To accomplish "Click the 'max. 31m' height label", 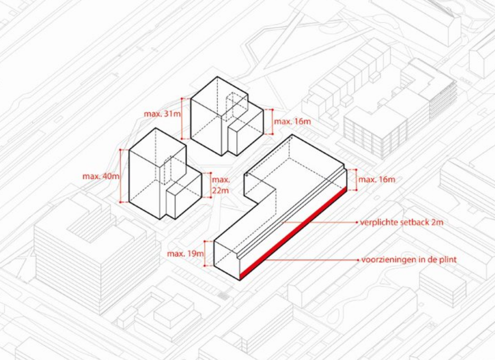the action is pos(162,114).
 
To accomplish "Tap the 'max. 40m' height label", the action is pos(101,176).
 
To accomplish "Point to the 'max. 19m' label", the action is pos(185,253).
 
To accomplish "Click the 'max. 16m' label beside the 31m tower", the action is pos(292,121).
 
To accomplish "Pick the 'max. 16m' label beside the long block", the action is pos(377,180).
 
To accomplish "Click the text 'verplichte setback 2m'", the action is pos(402,222).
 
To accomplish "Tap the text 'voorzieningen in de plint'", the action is pos(409,260).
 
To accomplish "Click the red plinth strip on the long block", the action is pos(293,233).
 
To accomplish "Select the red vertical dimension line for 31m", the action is pos(182,119).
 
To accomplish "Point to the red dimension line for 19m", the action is pos(205,253).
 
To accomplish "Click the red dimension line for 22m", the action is pos(211,185).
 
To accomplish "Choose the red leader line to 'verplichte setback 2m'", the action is pos(320,222).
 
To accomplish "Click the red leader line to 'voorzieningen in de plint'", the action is pos(311,260).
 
